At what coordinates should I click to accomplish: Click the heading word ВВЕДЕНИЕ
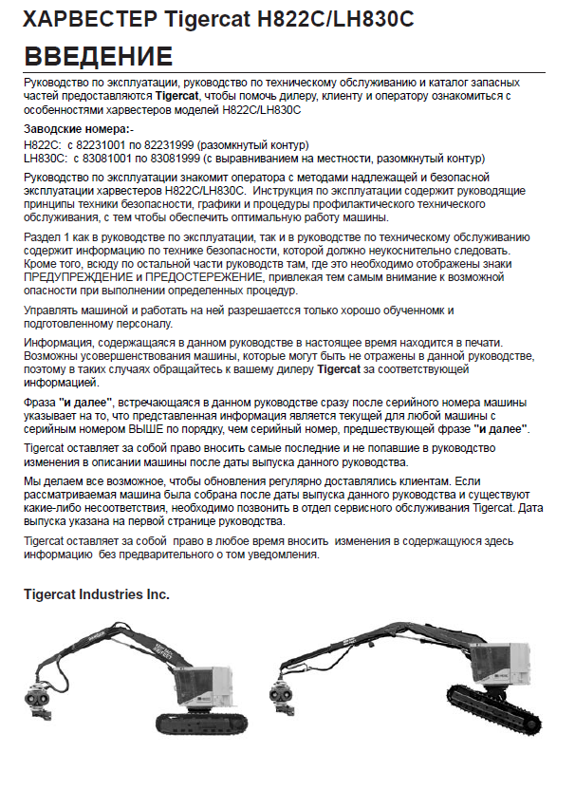(x=98, y=56)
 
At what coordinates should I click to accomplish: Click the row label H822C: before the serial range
(x=41, y=144)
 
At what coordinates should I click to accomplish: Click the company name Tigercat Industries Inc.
(x=97, y=594)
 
